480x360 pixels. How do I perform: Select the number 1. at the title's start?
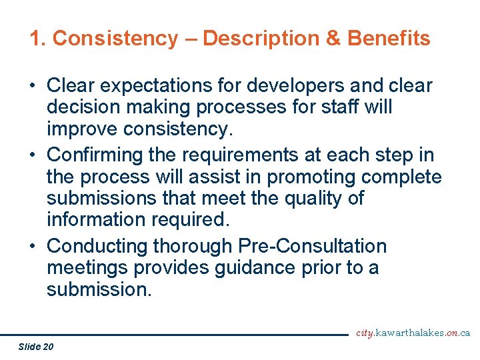click(x=37, y=39)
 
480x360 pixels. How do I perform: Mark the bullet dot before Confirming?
click(x=32, y=155)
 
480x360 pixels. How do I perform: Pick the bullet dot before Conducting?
click(x=32, y=247)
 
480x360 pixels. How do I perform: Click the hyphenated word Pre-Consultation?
click(x=312, y=246)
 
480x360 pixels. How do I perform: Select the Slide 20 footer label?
click(x=37, y=346)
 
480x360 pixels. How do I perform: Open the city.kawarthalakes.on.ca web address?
click(x=413, y=333)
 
